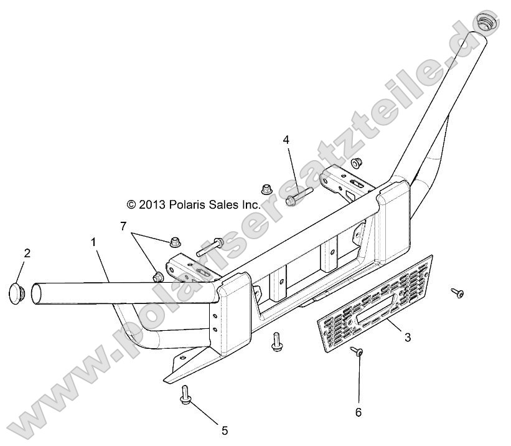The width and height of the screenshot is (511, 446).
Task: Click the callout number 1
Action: [94, 242]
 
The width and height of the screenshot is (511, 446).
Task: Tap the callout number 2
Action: [26, 253]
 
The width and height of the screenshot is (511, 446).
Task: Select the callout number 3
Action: [408, 338]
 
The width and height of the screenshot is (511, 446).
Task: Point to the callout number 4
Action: [286, 140]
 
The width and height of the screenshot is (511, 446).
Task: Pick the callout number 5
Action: [225, 430]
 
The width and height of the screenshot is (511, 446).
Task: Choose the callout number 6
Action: [359, 412]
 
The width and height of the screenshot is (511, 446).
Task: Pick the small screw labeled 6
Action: [359, 352]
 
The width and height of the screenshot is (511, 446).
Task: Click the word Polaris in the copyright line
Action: [187, 204]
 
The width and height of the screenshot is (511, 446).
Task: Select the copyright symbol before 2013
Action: [131, 204]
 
